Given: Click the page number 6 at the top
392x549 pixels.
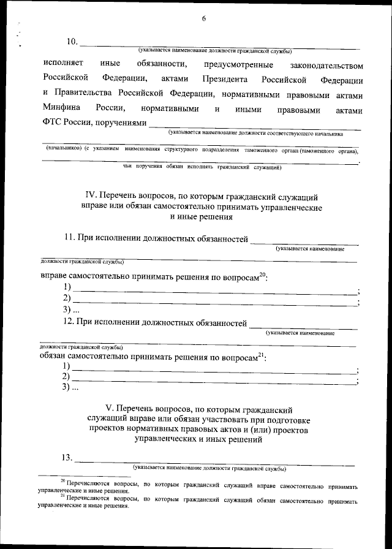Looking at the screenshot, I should coord(203,19).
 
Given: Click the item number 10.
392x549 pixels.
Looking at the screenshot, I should coord(72,42).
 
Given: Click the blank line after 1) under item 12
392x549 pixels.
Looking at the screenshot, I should coord(214,370).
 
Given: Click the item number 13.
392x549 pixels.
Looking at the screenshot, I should coord(65,457).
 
